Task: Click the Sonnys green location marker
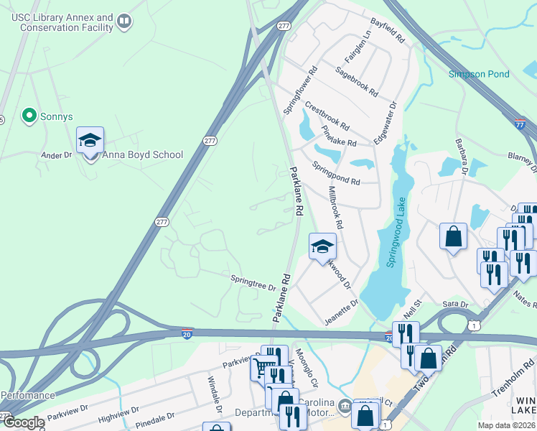[x=29, y=116]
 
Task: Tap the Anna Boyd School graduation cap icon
[x=90, y=141]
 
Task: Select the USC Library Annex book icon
[x=125, y=22]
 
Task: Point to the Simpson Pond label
[x=479, y=74]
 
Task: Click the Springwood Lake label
[x=396, y=232]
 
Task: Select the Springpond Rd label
[x=336, y=172]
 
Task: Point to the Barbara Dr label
[x=460, y=157]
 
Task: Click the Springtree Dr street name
[x=253, y=282]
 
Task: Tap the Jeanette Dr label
[x=341, y=313]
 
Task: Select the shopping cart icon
[x=262, y=368]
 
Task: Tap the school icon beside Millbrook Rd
[x=322, y=246]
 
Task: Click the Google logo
[x=23, y=422]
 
